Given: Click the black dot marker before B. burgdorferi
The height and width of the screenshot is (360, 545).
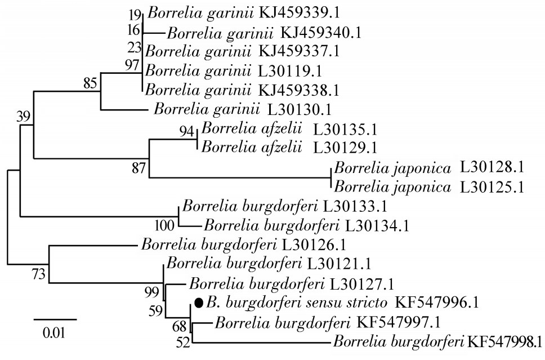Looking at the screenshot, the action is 198,303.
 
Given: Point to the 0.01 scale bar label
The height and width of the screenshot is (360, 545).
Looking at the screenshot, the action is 55,332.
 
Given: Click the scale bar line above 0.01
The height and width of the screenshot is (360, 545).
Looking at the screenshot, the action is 55,319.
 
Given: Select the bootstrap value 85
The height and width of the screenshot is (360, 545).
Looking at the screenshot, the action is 91,83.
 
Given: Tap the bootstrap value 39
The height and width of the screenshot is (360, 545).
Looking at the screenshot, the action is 24,117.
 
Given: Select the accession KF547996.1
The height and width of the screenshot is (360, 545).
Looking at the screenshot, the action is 437,303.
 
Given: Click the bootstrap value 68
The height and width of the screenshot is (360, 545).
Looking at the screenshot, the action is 181,325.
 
